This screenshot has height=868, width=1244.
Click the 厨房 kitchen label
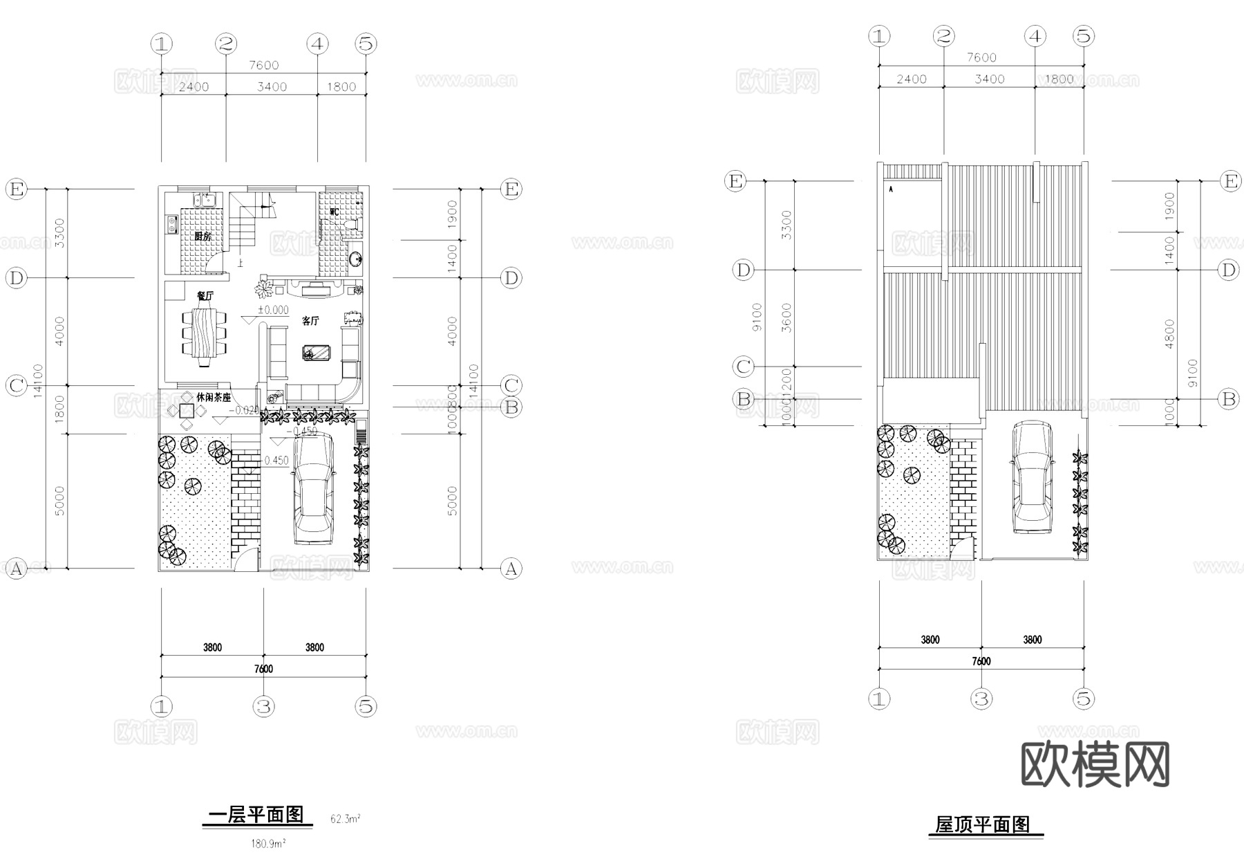[202, 237]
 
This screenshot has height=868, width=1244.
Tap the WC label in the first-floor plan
[334, 212]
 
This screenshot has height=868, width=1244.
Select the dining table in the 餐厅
[205, 336]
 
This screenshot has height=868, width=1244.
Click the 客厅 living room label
[310, 321]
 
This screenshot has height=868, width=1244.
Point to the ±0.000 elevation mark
[273, 310]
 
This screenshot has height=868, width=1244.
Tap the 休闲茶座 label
[214, 398]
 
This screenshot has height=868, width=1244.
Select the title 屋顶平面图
[982, 824]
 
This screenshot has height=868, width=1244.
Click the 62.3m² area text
[345, 819]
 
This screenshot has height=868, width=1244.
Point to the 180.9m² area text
[268, 844]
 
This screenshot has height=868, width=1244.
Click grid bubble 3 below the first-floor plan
[263, 706]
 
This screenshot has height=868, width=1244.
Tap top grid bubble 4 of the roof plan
[1035, 36]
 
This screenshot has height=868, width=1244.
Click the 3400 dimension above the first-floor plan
[272, 86]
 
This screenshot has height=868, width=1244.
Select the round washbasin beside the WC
[355, 259]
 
